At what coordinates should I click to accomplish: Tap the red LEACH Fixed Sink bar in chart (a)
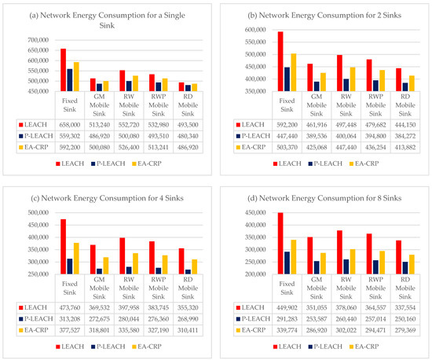(x=63, y=72)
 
